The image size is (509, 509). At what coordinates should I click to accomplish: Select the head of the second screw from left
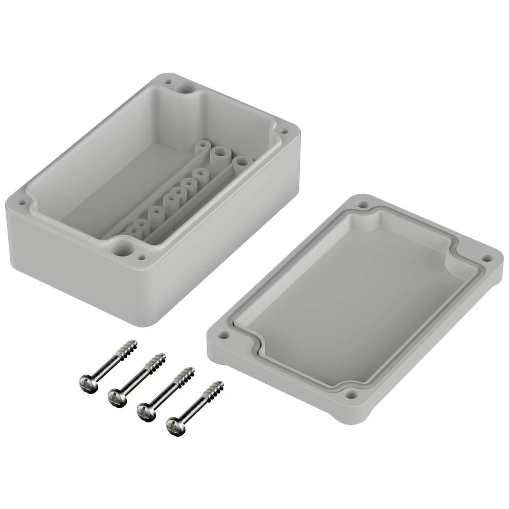(117, 396)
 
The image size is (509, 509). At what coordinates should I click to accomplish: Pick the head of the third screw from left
(146, 411)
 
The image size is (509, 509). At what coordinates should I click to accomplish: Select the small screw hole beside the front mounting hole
(142, 258)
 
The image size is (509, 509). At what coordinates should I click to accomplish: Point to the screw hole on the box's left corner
(22, 202)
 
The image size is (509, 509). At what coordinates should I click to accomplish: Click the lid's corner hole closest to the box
(362, 204)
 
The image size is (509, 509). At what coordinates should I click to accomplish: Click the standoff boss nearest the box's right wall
(243, 163)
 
